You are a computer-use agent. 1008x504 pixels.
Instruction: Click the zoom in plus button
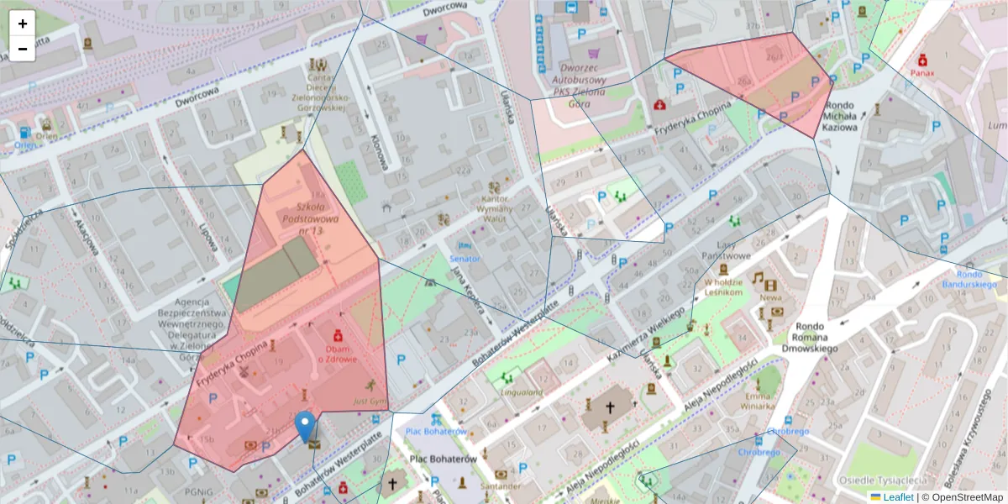tap(23, 24)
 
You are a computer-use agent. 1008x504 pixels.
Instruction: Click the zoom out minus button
tap(23, 49)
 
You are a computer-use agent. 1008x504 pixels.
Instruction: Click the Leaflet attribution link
tap(898, 497)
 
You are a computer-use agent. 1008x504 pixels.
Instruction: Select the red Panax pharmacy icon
tap(922, 60)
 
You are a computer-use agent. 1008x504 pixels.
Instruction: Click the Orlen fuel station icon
tap(24, 133)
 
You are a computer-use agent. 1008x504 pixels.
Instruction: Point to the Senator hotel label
tap(465, 259)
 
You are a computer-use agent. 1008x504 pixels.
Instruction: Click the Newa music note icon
tap(758, 279)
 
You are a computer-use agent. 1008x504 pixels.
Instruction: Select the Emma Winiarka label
tap(756, 401)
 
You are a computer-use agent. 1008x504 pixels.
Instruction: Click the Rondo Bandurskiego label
tap(979, 279)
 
